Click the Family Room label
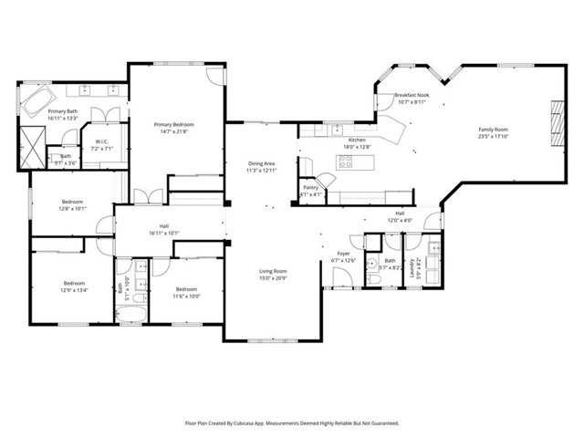click(x=493, y=130)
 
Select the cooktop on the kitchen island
click(x=346, y=162)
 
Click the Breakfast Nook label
click(x=412, y=95)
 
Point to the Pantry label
click(x=310, y=187)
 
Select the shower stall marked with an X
click(x=34, y=142)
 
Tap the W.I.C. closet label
click(x=101, y=141)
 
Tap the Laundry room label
click(x=413, y=267)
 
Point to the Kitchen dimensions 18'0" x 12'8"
click(x=356, y=146)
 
